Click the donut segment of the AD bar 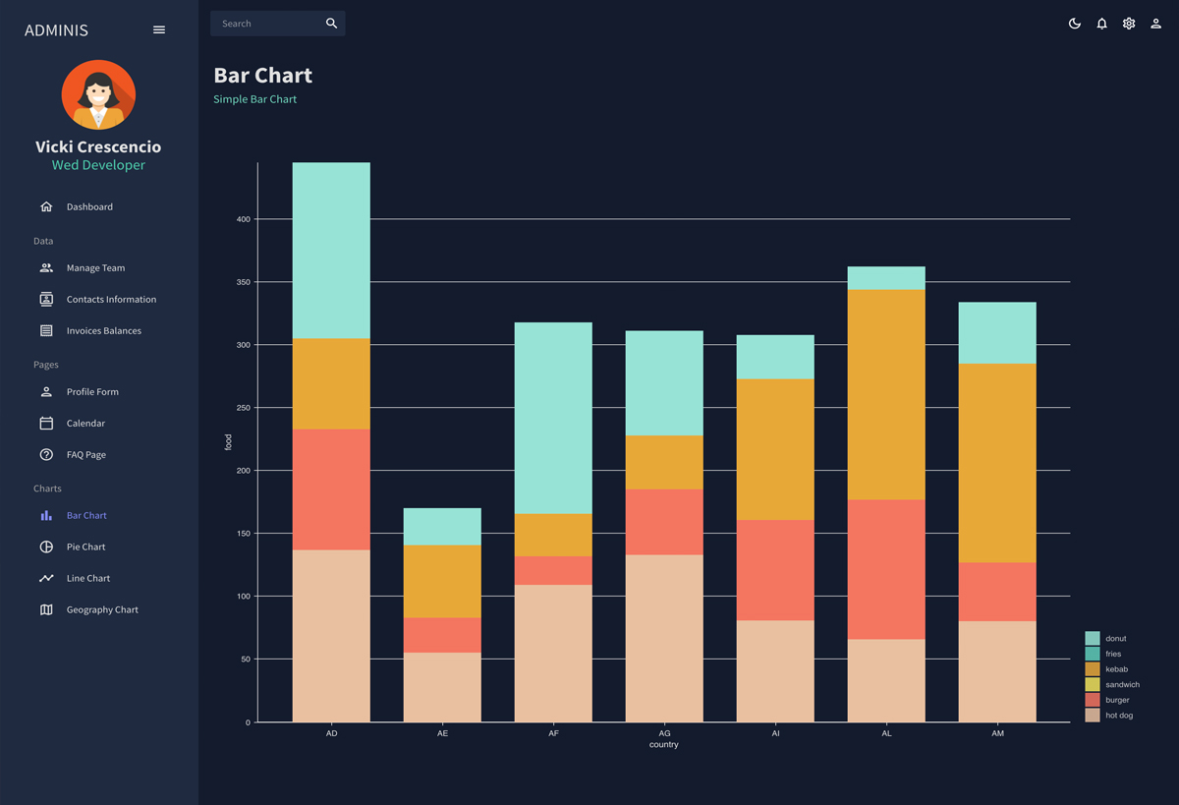tap(331, 251)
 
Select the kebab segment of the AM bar tap(997, 463)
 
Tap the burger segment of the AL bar tap(886, 570)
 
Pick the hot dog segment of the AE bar tap(442, 687)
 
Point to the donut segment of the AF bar tap(553, 418)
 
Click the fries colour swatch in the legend tap(1093, 654)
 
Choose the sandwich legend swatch tap(1093, 684)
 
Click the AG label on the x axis tap(664, 733)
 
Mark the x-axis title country tap(664, 745)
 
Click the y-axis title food tap(229, 442)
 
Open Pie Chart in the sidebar tap(85, 546)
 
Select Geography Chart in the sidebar tap(102, 609)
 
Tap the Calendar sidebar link tap(85, 423)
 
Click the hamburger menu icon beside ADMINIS tap(159, 30)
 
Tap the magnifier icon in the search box tap(331, 24)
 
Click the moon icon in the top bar tap(1075, 24)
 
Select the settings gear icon tap(1129, 24)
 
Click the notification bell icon tap(1101, 24)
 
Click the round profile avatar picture tap(98, 95)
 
